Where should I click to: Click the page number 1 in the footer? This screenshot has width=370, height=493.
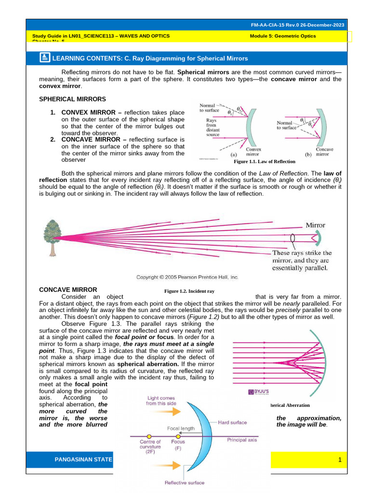tap(340, 461)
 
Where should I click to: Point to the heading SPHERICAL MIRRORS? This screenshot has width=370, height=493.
tap(72, 99)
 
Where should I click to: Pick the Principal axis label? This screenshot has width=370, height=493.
tap(242, 440)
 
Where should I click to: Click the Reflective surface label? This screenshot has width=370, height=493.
tap(185, 482)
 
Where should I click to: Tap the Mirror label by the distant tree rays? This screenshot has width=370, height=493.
tap(316, 225)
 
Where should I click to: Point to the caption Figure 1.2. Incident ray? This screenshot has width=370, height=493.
tap(189, 291)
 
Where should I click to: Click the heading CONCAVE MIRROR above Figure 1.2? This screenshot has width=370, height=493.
tap(68, 289)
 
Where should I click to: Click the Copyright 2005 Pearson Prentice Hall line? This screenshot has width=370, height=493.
tap(187, 277)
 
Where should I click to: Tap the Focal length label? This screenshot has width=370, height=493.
tap(181, 428)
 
